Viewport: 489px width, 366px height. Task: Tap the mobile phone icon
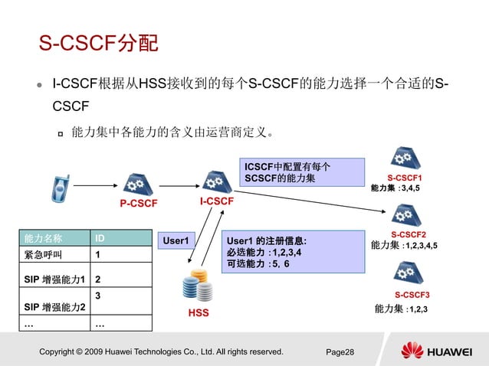tap(60, 185)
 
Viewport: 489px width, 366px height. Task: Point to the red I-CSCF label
tap(217, 201)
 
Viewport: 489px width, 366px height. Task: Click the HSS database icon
tap(198, 289)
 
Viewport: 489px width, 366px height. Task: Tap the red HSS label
tap(198, 313)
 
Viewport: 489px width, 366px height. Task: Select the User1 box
tap(176, 240)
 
